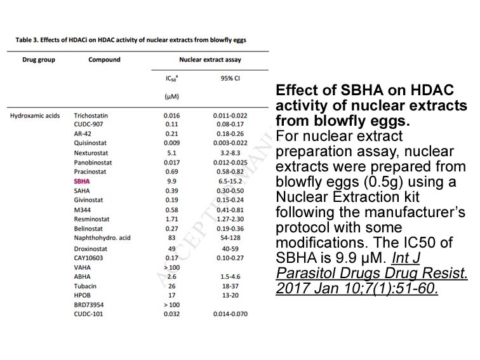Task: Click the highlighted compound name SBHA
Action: coord(82,181)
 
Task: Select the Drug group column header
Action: coord(39,60)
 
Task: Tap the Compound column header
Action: coord(104,60)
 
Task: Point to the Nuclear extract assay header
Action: coord(210,60)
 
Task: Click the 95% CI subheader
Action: coord(230,78)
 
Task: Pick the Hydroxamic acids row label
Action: coord(35,116)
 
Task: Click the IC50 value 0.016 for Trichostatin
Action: coord(171,116)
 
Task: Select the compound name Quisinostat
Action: coord(90,143)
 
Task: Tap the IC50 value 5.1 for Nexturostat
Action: coord(171,153)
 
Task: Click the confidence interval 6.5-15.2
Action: coord(230,181)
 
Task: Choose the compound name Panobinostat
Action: coord(93,163)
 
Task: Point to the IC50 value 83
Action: coord(171,238)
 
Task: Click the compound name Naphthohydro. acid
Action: coord(102,238)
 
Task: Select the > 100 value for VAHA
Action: coord(171,267)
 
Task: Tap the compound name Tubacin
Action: coord(85,286)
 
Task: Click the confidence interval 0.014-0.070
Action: coord(230,314)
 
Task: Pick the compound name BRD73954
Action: coord(89,305)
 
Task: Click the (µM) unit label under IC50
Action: coord(171,97)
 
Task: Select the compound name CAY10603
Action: coord(88,258)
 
